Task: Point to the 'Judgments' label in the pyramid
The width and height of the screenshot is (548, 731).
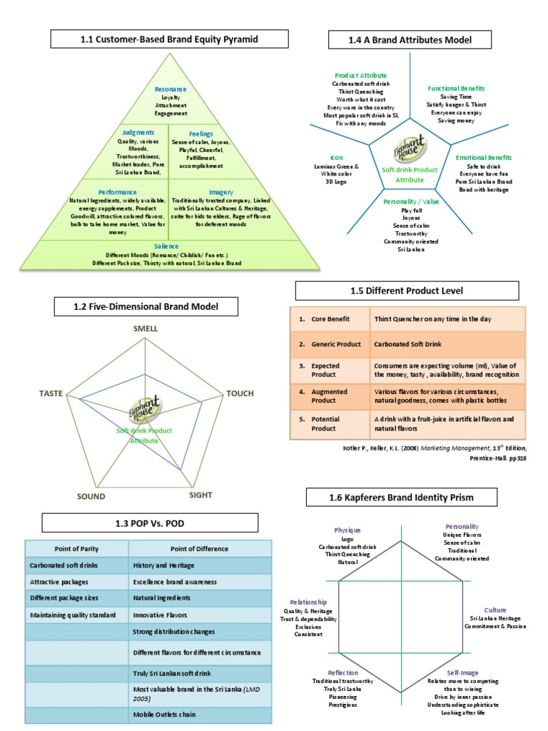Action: click(138, 133)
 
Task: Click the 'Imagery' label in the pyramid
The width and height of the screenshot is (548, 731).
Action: click(221, 192)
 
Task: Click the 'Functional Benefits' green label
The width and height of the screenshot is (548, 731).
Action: click(456, 89)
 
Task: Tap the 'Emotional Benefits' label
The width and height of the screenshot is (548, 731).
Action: click(484, 156)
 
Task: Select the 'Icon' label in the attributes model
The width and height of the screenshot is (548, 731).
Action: click(336, 157)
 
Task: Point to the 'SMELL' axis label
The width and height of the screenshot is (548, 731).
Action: click(146, 328)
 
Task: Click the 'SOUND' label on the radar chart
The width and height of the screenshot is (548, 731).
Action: click(91, 496)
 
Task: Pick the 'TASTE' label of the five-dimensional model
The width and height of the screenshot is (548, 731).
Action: click(51, 393)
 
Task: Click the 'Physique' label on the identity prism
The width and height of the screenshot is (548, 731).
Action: click(348, 530)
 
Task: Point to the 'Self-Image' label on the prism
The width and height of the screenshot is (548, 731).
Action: click(463, 672)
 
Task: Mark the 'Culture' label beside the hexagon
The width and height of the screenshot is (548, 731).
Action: click(495, 610)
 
